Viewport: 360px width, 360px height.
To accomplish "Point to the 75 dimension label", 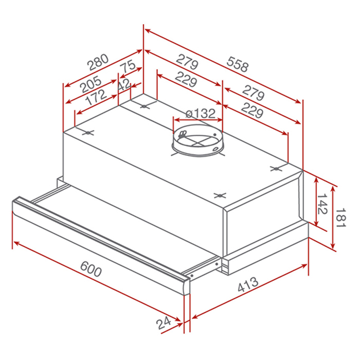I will [128, 67].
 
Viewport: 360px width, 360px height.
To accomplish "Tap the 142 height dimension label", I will [322, 204].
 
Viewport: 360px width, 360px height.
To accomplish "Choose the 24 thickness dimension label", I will [164, 323].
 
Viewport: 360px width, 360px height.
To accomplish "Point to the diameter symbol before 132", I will [189, 114].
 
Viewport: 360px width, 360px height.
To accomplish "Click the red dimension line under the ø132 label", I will [197, 121].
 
